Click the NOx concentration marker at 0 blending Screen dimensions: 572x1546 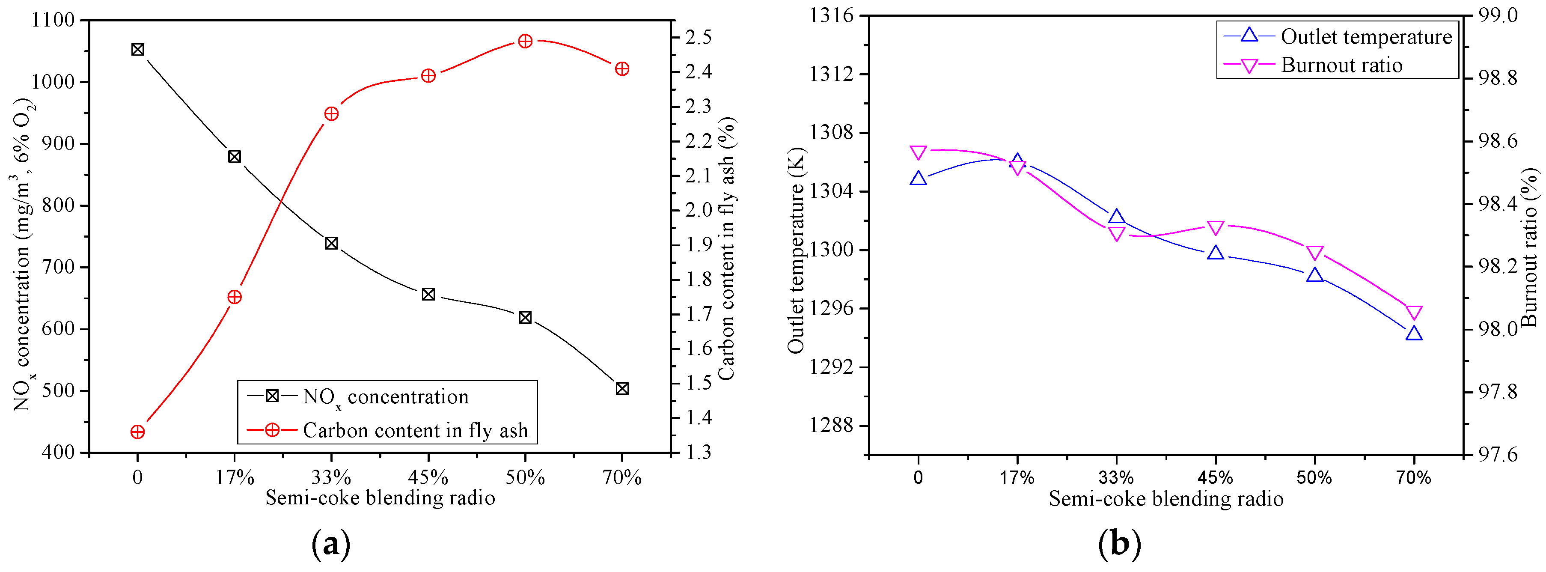pyautogui.click(x=137, y=49)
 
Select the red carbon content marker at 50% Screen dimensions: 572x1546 pyautogui.click(x=525, y=41)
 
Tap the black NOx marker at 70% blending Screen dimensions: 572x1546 pyautogui.click(x=622, y=388)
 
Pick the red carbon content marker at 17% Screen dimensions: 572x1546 pyautogui.click(x=235, y=297)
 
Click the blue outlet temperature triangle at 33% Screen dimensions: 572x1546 pyautogui.click(x=1116, y=217)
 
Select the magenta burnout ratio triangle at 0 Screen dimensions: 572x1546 pyautogui.click(x=918, y=152)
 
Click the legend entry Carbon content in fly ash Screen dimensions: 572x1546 pyautogui.click(x=415, y=430)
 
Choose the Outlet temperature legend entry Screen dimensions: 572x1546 pyautogui.click(x=1366, y=37)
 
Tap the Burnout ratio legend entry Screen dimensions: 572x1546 pyautogui.click(x=1341, y=65)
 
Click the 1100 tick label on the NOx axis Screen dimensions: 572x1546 pyautogui.click(x=53, y=20)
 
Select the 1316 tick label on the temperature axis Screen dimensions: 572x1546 pyautogui.click(x=831, y=15)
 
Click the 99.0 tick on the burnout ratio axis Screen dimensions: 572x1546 pyautogui.click(x=1497, y=15)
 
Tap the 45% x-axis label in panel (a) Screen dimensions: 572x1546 pyautogui.click(x=428, y=478)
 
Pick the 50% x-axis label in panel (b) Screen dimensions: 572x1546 pyautogui.click(x=1314, y=478)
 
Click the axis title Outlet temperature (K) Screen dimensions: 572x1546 pyautogui.click(x=796, y=251)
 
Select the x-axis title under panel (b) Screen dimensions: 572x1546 pyautogui.click(x=1165, y=499)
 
